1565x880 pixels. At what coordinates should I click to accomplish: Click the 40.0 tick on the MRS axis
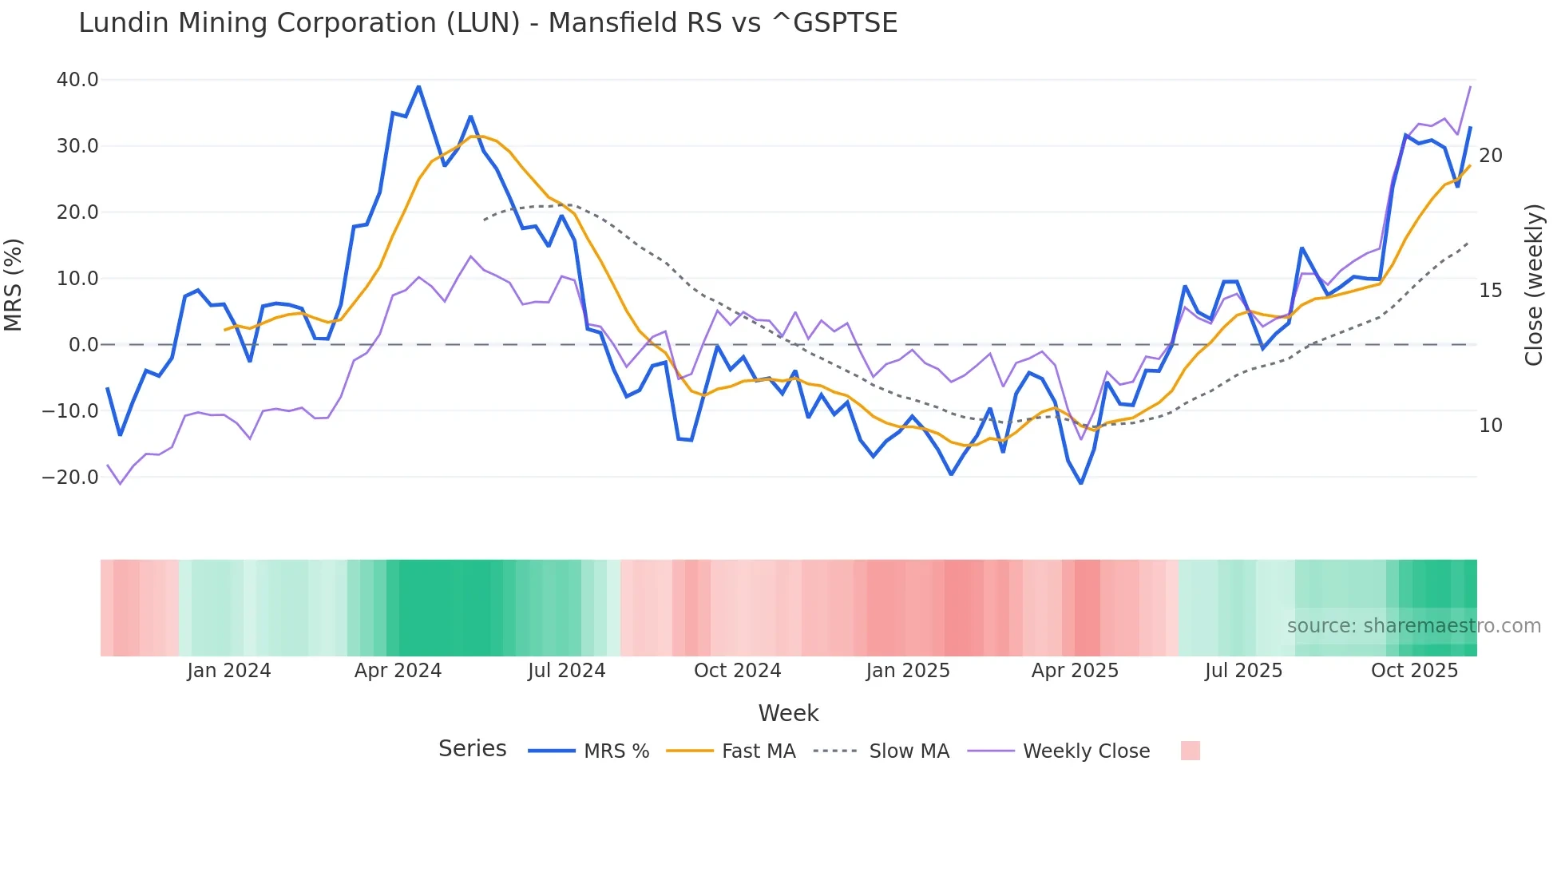tap(77, 80)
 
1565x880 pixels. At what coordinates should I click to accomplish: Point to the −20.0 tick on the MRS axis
tap(71, 478)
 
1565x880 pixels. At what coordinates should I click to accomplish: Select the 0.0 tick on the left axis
tap(83, 345)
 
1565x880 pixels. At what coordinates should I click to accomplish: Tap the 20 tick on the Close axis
tap(1490, 156)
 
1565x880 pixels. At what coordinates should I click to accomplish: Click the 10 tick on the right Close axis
tap(1490, 426)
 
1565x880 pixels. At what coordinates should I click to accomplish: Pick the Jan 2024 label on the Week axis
tap(229, 671)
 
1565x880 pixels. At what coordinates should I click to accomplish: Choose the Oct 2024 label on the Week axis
tap(737, 671)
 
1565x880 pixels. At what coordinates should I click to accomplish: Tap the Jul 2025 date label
tap(1243, 671)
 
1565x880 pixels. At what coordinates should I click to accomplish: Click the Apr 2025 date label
tap(1075, 671)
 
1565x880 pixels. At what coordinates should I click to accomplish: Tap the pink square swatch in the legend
tap(1190, 751)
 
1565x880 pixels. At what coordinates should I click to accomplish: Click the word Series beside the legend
tap(472, 749)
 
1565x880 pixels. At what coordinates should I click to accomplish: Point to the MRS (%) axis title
tap(14, 284)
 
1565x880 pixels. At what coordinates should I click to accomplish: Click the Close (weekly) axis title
tap(1533, 285)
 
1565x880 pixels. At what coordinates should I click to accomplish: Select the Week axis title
tap(788, 713)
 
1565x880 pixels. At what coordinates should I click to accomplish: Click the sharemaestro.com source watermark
tap(1413, 626)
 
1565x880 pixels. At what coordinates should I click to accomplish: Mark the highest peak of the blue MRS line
tap(418, 86)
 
